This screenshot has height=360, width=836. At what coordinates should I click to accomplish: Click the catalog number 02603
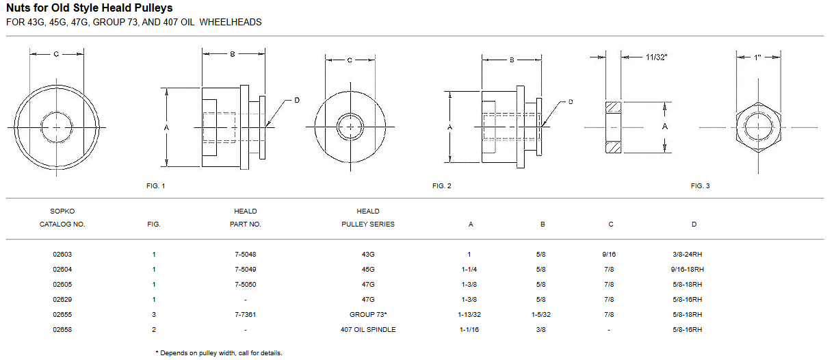tap(62, 255)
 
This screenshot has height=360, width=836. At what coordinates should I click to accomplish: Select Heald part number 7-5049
tap(245, 270)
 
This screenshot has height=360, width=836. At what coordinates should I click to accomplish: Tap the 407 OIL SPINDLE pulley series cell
tap(368, 330)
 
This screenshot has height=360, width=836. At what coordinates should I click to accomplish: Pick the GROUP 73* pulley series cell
tap(368, 315)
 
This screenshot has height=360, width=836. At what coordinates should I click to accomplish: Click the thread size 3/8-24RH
tap(688, 255)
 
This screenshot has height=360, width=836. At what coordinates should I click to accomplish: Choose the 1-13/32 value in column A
tap(470, 315)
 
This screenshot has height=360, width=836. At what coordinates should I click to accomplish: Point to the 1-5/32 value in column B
tap(542, 315)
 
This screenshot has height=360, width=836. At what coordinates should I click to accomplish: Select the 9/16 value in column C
tap(609, 255)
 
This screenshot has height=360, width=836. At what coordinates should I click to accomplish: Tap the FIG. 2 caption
tap(441, 186)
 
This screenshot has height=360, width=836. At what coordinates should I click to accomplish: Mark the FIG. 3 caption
tap(700, 186)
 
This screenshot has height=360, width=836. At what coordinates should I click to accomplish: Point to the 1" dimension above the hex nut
tap(757, 59)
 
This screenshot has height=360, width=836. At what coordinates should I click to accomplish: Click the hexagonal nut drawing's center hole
tap(757, 127)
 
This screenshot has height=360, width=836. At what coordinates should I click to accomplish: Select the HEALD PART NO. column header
tap(245, 218)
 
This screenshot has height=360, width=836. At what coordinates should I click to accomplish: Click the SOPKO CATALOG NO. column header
tap(62, 218)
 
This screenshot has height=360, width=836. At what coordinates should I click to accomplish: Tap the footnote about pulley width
tap(218, 353)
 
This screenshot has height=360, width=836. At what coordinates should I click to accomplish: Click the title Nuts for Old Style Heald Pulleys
tap(90, 8)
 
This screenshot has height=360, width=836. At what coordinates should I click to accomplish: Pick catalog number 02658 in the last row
tap(62, 330)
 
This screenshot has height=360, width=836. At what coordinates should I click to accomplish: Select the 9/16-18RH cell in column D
tap(688, 270)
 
